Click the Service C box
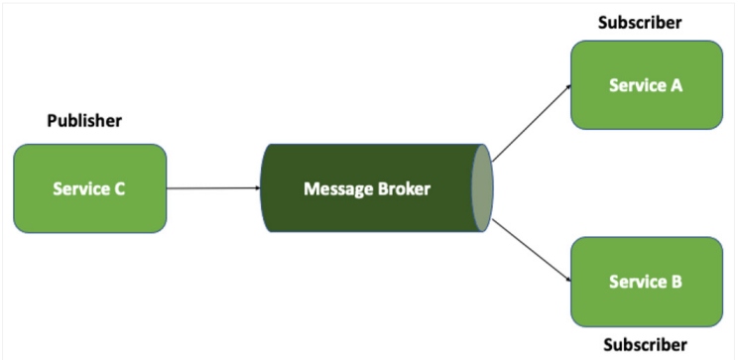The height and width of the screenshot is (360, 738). [89, 188]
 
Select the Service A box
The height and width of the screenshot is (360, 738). [646, 84]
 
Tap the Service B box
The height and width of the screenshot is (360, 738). [646, 281]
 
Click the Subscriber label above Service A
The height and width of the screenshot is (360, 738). [640, 22]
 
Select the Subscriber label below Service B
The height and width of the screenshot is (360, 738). [645, 345]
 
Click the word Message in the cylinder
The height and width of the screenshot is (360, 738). [338, 188]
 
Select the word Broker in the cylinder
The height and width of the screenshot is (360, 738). [406, 188]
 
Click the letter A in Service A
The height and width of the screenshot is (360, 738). [676, 84]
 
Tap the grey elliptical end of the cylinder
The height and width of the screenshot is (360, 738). [481, 188]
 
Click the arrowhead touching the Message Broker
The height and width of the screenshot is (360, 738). [256, 188]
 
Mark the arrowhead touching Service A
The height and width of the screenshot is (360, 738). [567, 87]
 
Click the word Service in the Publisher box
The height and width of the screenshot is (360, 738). [79, 188]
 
